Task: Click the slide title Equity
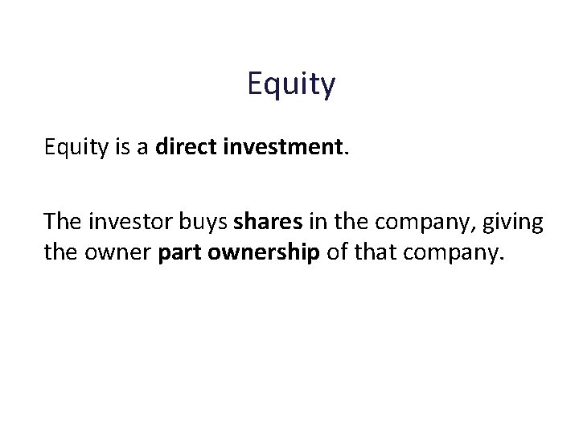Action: coord(291,84)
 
